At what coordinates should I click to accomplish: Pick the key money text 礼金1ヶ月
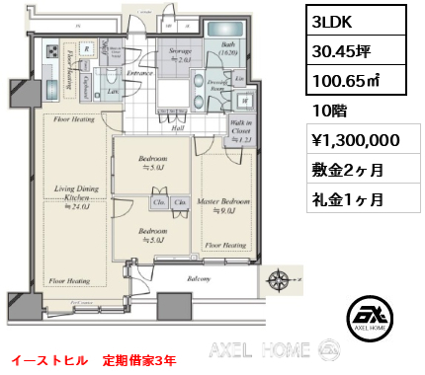click(x=341, y=198)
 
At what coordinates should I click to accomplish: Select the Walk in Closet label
click(x=241, y=129)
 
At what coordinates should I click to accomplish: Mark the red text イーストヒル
click(x=45, y=359)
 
